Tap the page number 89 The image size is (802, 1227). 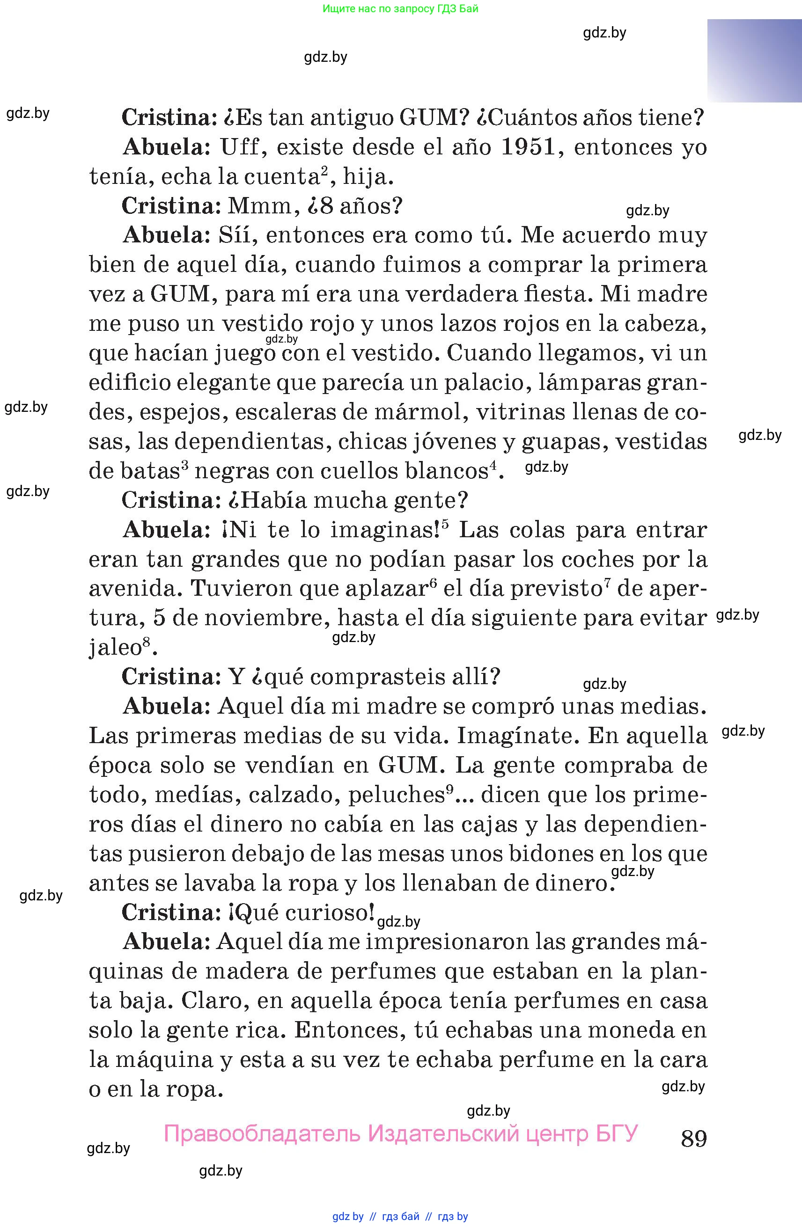pyautogui.click(x=694, y=1139)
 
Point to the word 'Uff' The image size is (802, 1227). pyautogui.click(x=242, y=147)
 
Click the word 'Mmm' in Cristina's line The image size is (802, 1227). pyautogui.click(x=260, y=206)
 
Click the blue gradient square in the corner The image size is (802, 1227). pyautogui.click(x=754, y=61)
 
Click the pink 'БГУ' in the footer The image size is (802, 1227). pyautogui.click(x=616, y=1134)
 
